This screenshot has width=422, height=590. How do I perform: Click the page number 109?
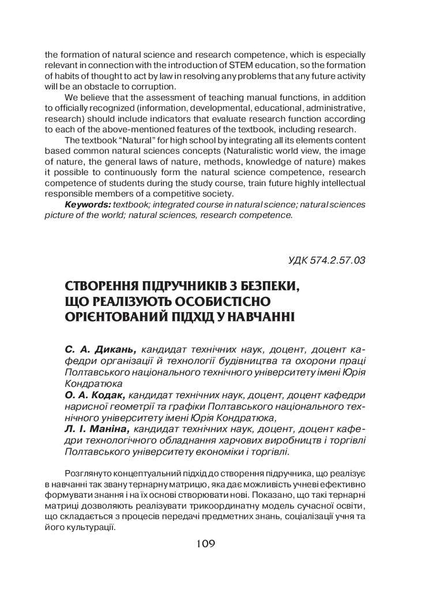(x=205, y=543)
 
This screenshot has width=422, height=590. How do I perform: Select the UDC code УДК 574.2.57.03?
(x=327, y=260)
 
